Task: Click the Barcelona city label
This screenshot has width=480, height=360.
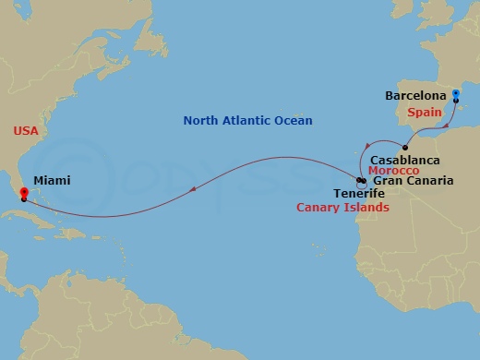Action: coord(416,95)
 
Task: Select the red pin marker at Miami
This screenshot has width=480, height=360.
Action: coord(23,193)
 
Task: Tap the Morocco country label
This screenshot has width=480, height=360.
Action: coord(393,171)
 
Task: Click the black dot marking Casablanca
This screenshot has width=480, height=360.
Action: coord(405,147)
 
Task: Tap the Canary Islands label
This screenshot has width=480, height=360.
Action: coord(342,208)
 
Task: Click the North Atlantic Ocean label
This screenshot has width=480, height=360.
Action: coord(247,121)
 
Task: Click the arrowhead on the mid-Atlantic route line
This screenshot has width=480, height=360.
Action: coord(191,190)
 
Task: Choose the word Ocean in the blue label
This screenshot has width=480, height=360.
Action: coord(294,121)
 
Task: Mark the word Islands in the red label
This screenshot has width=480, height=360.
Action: coord(366,208)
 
